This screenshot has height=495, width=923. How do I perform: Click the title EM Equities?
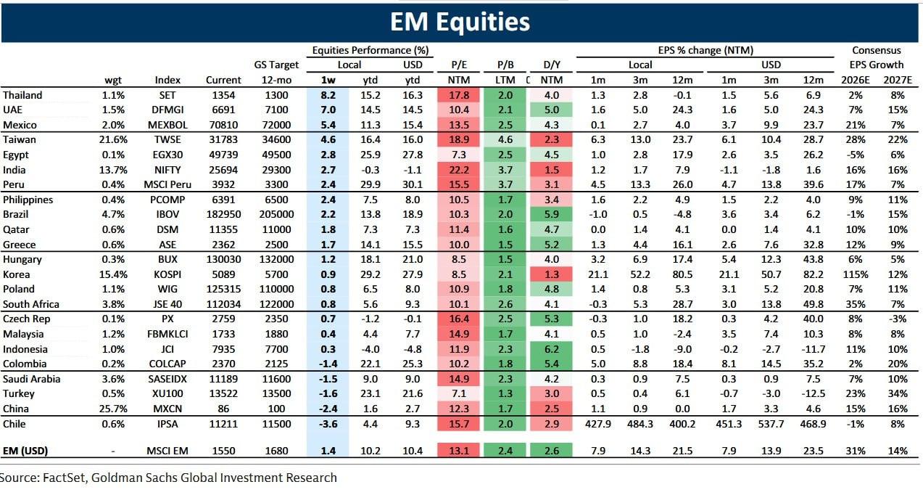pyautogui.click(x=460, y=22)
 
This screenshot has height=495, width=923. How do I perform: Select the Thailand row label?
pyautogui.click(x=22, y=95)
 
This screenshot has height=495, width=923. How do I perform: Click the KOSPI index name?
pyautogui.click(x=167, y=274)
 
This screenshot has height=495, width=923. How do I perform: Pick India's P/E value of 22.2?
pyautogui.click(x=455, y=169)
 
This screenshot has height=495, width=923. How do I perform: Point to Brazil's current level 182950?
pyautogui.click(x=218, y=215)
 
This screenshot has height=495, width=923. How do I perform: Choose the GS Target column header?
pyautogui.click(x=276, y=65)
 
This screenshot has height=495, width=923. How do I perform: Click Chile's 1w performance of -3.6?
pyautogui.click(x=328, y=423)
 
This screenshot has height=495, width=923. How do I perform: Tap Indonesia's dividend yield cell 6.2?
pyautogui.click(x=552, y=349)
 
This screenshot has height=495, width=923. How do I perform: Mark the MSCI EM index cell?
pyautogui.click(x=167, y=451)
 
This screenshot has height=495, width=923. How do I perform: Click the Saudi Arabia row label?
pyautogui.click(x=31, y=379)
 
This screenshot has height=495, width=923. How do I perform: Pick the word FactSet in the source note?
pyautogui.click(x=62, y=478)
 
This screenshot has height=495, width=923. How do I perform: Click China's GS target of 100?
pyautogui.click(x=276, y=409)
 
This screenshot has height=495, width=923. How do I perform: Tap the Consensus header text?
pyautogui.click(x=877, y=50)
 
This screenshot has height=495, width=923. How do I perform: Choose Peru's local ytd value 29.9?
pyautogui.click(x=371, y=184)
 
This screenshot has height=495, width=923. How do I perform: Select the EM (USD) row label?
pyautogui.click(x=25, y=451)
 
